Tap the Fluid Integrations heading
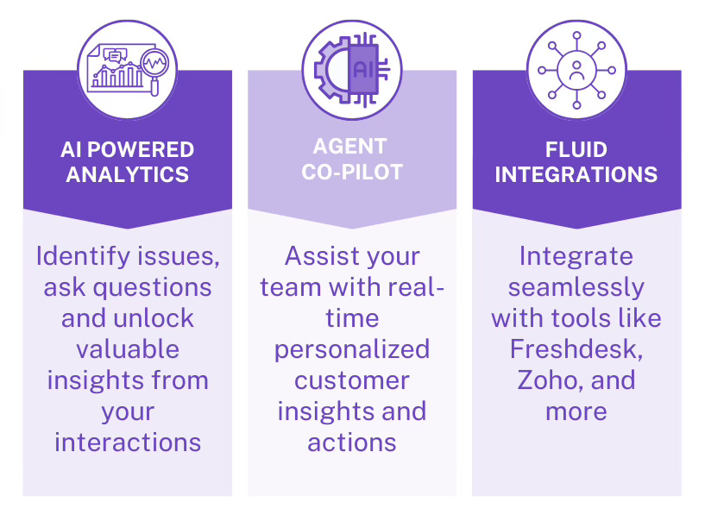(576, 161)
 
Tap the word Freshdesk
(576, 348)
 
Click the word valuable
(128, 348)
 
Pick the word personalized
(352, 348)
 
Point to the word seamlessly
(576, 286)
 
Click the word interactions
(128, 442)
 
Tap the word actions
(352, 442)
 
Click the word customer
(352, 380)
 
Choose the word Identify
(80, 256)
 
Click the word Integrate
(576, 256)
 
